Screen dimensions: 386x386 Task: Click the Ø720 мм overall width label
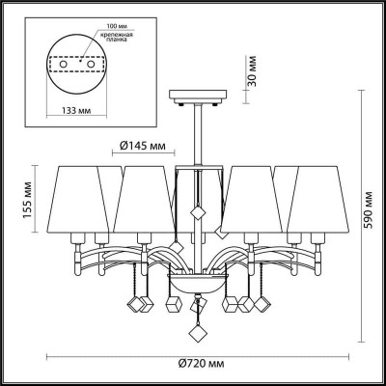pyautogui.click(x=201, y=364)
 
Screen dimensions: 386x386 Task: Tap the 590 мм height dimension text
pyautogui.click(x=368, y=210)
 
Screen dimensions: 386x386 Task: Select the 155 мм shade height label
pyautogui.click(x=27, y=200)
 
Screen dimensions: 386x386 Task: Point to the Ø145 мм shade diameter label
pyautogui.click(x=143, y=146)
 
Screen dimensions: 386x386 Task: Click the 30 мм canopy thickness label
pyautogui.click(x=253, y=71)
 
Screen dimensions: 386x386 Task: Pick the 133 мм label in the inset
pyautogui.click(x=76, y=111)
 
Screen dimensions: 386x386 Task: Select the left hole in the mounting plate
pyautogui.click(x=64, y=64)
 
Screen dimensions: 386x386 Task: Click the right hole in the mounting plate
pyautogui.click(x=91, y=64)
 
